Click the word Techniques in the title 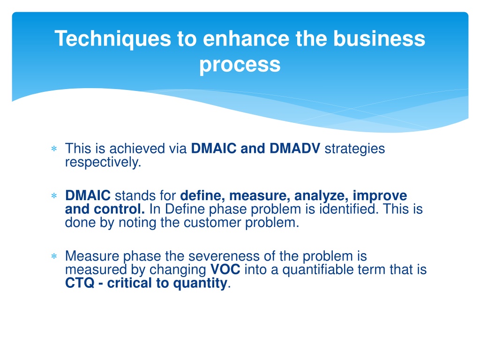(112, 39)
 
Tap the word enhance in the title (246, 38)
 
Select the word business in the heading (379, 38)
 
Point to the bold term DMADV (295, 149)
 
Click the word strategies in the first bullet (355, 149)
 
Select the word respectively (103, 163)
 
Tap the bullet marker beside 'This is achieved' (54, 149)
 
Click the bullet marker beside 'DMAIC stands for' (54, 195)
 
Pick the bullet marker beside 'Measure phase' (54, 256)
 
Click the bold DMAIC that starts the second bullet (88, 195)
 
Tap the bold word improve (380, 196)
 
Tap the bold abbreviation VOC (225, 270)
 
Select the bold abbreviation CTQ (80, 283)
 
